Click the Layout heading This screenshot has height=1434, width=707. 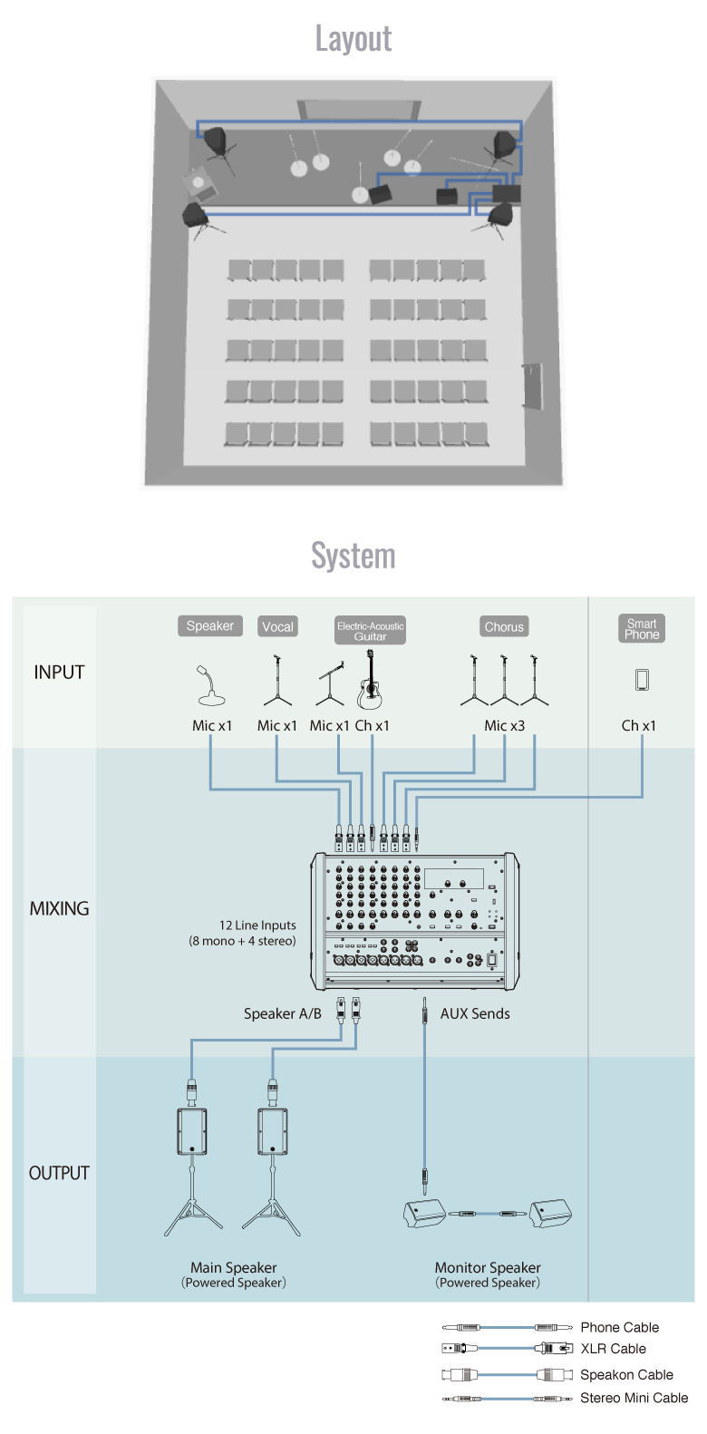(x=353, y=39)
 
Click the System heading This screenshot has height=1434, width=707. (x=353, y=556)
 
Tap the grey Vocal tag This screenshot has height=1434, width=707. (x=277, y=626)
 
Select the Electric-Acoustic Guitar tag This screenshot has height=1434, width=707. (x=370, y=631)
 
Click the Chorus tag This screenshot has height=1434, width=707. (x=504, y=626)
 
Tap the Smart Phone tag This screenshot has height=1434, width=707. (x=642, y=629)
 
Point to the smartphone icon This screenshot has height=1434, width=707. (x=642, y=680)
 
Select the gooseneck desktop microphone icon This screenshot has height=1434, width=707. (x=210, y=686)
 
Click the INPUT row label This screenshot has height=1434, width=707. (x=59, y=673)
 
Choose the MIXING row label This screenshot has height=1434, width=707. (x=59, y=908)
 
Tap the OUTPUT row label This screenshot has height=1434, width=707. (x=59, y=1173)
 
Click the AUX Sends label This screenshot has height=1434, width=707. (x=475, y=1013)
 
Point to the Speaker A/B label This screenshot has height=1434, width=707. (x=282, y=1013)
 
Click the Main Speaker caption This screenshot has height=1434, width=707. (x=234, y=1268)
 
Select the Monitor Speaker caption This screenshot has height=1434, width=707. (x=488, y=1268)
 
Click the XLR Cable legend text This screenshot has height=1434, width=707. (x=614, y=1349)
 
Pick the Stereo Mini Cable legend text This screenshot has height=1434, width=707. (x=634, y=1398)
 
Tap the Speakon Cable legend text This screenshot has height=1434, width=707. (x=626, y=1374)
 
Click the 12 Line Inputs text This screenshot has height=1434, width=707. (x=257, y=925)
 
